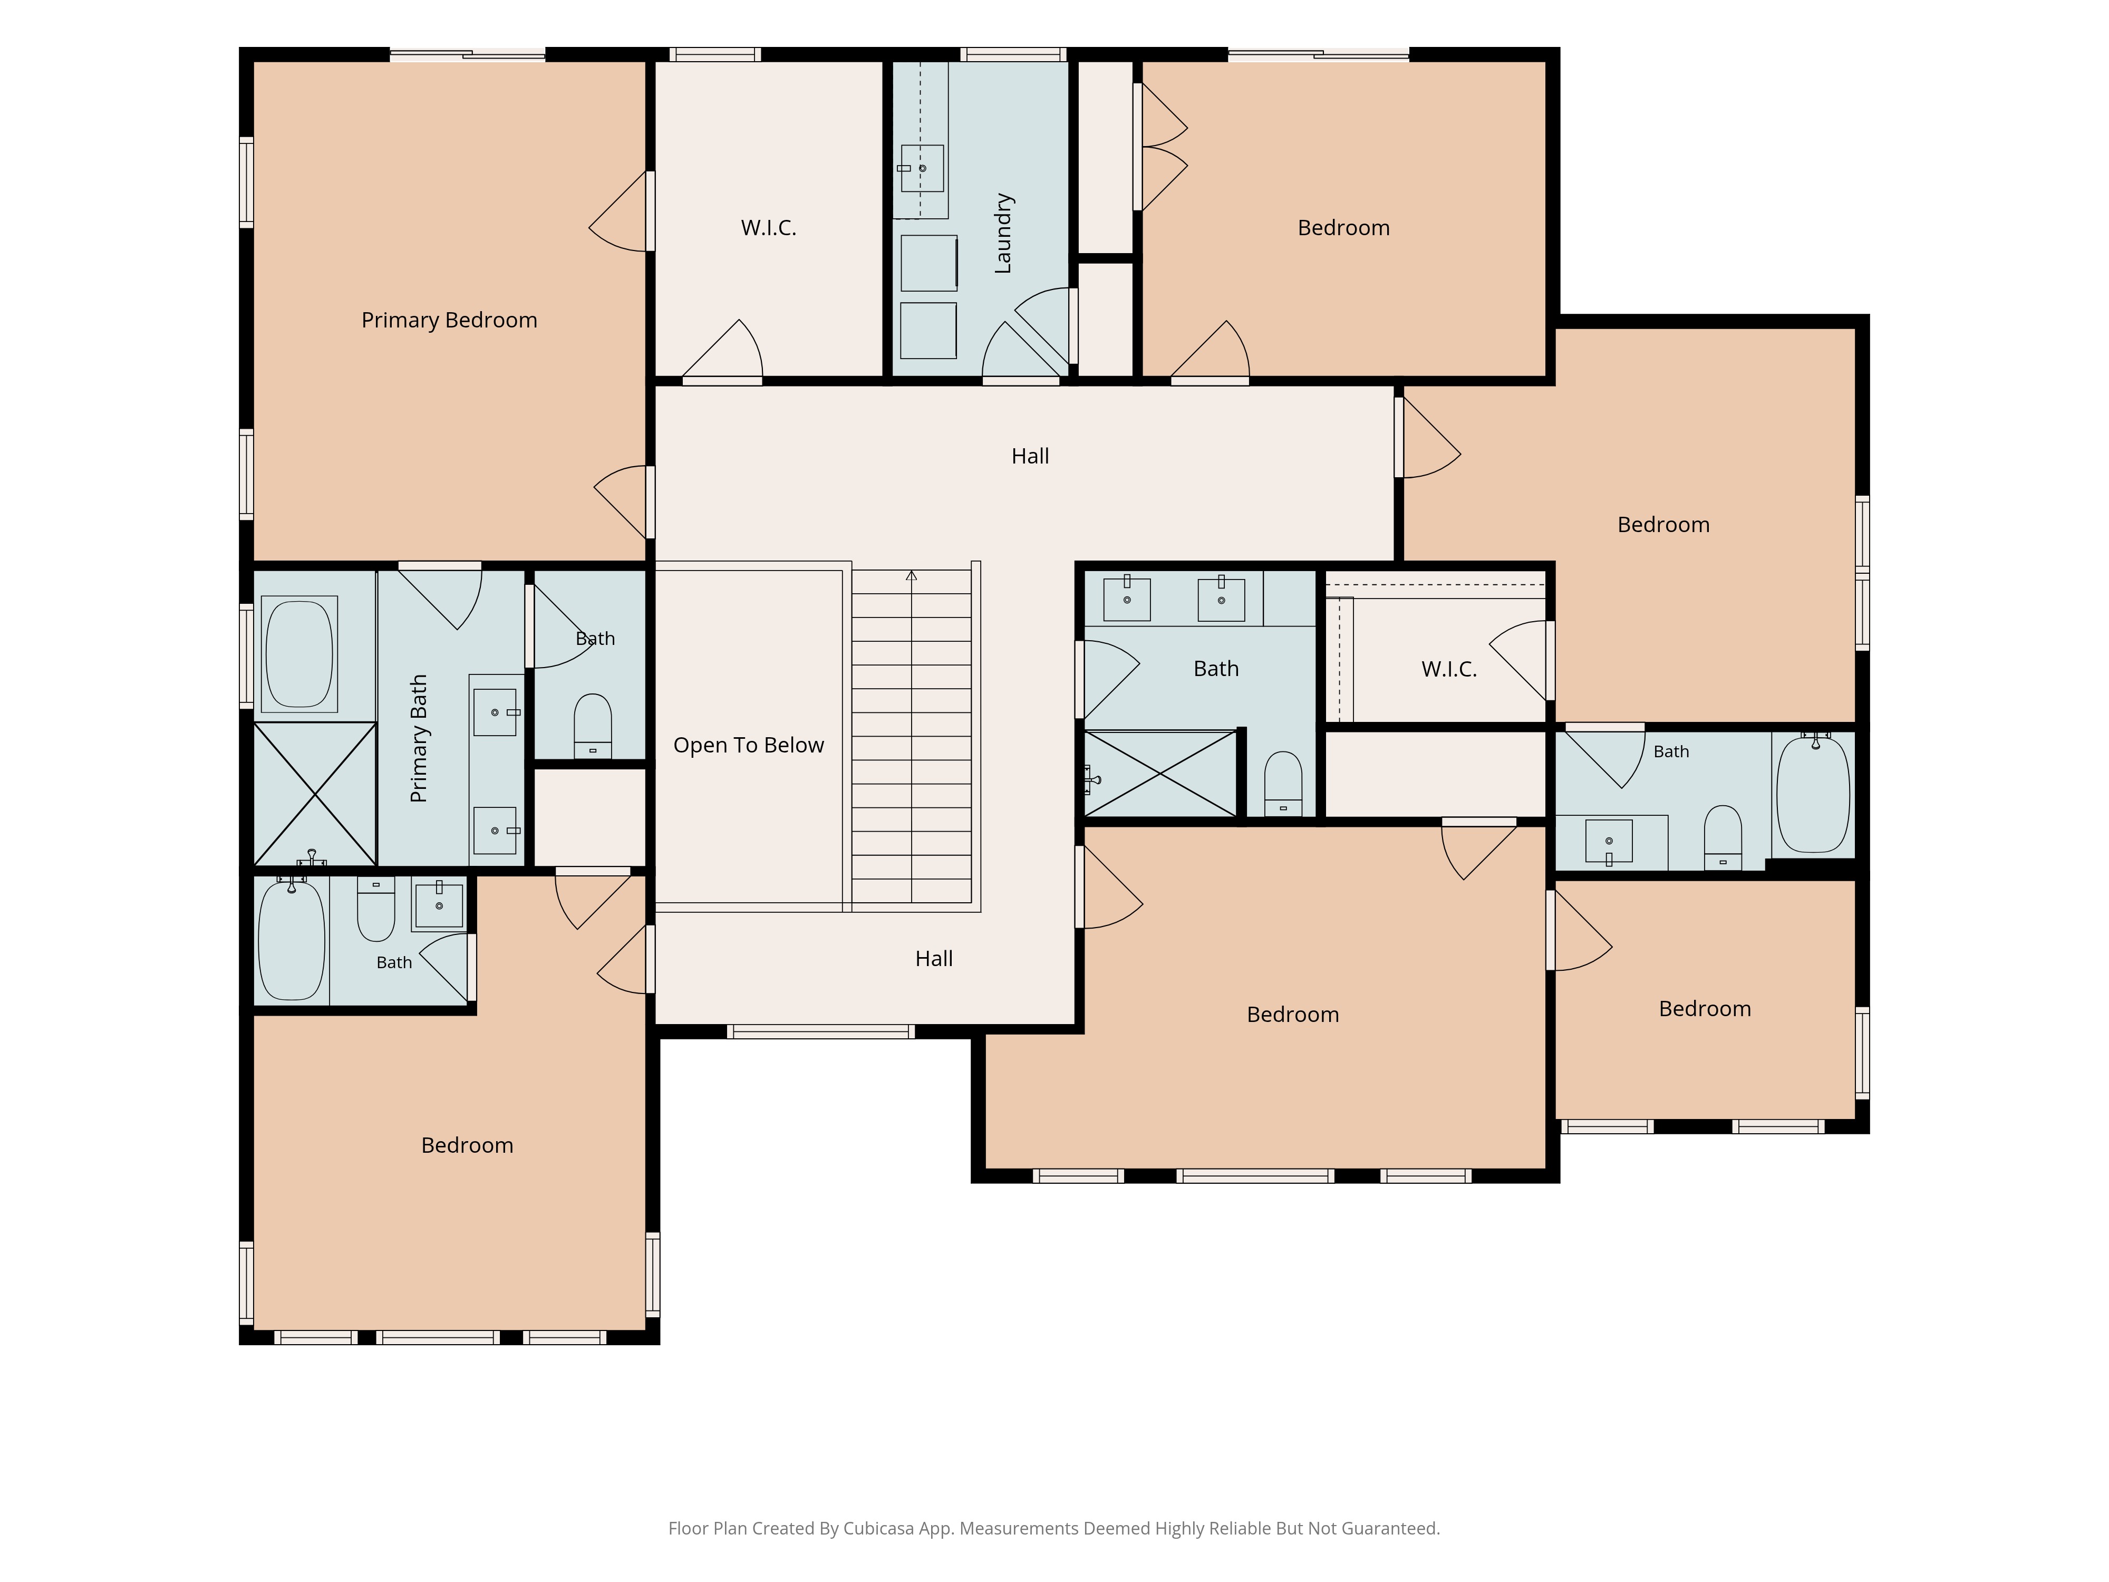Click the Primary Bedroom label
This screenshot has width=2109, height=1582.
click(x=449, y=321)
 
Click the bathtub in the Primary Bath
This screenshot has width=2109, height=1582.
click(x=299, y=654)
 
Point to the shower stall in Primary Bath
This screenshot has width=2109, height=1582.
click(x=315, y=794)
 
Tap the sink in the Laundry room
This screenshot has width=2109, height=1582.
click(x=922, y=169)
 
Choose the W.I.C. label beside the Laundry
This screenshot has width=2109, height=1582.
click(x=769, y=228)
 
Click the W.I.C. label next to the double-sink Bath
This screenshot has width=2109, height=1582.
click(x=1449, y=669)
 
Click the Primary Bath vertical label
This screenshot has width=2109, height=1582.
click(x=419, y=738)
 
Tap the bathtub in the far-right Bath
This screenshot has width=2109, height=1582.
click(x=1813, y=794)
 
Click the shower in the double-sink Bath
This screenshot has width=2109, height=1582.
click(x=1160, y=774)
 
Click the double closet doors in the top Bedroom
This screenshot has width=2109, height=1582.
click(x=1162, y=147)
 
